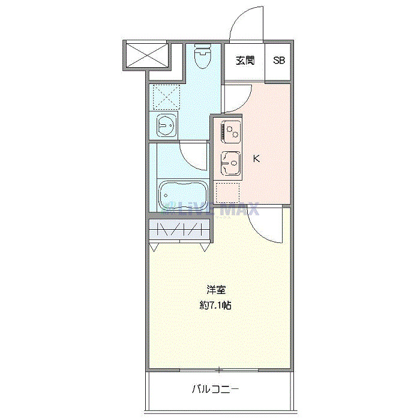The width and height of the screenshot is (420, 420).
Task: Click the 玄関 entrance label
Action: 244,61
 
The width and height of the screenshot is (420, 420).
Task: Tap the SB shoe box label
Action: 280,61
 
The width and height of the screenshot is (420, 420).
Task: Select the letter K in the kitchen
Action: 256,159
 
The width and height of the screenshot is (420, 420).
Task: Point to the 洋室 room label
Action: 215,289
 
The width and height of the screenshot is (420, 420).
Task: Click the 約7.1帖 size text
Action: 215,305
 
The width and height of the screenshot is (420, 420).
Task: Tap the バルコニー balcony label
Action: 215,389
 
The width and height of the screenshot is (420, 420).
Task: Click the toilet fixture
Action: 203,58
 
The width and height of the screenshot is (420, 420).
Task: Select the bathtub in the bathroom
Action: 183,194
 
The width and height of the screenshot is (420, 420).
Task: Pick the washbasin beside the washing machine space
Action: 166,125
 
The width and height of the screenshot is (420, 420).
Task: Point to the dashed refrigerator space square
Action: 227,193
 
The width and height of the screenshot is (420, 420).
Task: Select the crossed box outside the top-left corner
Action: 146,55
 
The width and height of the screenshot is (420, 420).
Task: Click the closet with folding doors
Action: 179,229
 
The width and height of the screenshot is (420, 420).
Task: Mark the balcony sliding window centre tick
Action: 220,370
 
